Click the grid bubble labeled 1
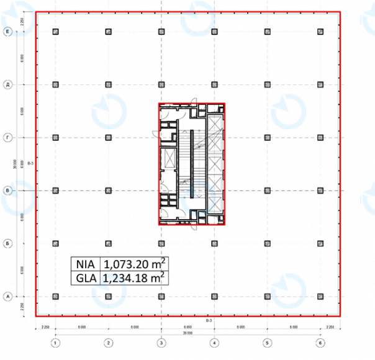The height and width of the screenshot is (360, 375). pyautogui.click(x=55, y=342)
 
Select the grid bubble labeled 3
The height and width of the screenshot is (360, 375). pyautogui.click(x=161, y=342)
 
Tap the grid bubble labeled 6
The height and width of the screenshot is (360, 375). pyautogui.click(x=320, y=342)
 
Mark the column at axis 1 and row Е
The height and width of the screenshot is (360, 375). pyautogui.click(x=55, y=31)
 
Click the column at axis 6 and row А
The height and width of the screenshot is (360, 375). pyautogui.click(x=320, y=296)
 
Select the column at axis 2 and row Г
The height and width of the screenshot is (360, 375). pyautogui.click(x=108, y=137)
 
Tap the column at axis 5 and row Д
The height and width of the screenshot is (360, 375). pyautogui.click(x=267, y=84)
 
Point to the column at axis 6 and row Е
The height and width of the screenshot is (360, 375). pyautogui.click(x=320, y=31)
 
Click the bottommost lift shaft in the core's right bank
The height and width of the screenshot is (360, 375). pyautogui.click(x=214, y=202)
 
